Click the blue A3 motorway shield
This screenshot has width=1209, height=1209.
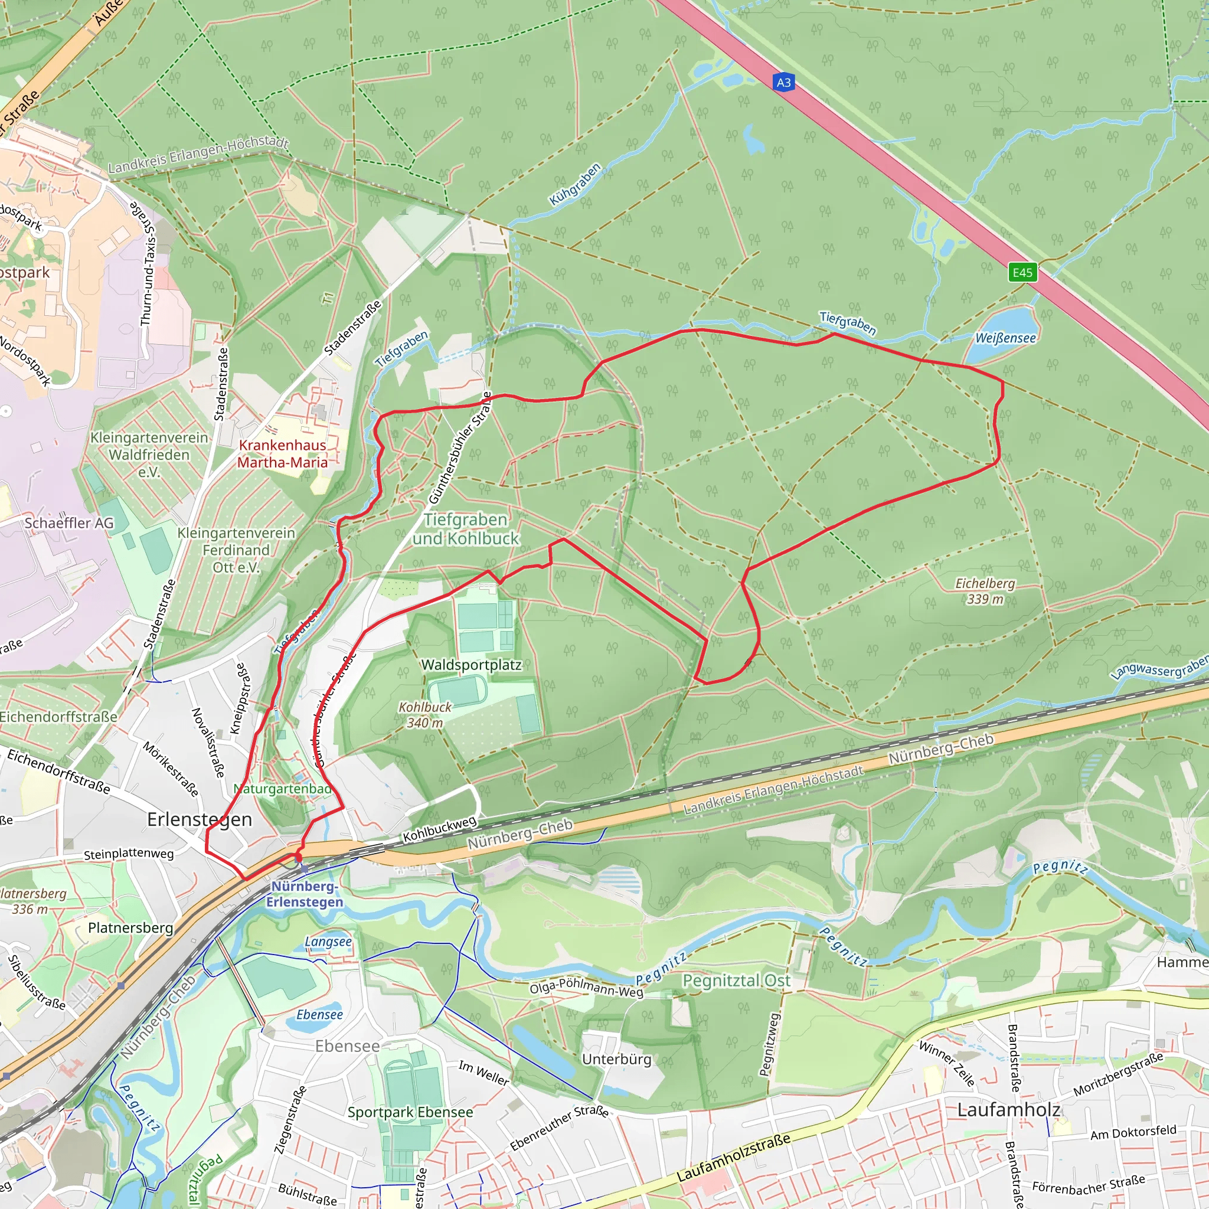(783, 82)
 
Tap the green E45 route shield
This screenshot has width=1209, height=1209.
(1022, 272)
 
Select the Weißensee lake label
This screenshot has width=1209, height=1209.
(1005, 338)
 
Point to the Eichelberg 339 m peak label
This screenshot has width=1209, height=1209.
(985, 591)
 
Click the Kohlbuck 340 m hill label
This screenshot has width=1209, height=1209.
(425, 715)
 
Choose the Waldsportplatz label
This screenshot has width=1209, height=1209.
(471, 665)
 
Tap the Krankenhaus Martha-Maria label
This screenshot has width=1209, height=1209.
(282, 454)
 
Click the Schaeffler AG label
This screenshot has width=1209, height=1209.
(69, 522)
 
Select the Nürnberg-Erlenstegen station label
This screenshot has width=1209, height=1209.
(305, 894)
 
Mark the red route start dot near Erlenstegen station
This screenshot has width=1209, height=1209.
(298, 857)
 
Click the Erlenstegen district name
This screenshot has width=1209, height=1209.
(199, 819)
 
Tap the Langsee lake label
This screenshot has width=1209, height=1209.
(328, 942)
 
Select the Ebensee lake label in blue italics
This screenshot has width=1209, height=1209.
(319, 1014)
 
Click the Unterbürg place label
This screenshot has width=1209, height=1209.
(616, 1059)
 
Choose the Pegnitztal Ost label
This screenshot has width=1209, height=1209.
(736, 981)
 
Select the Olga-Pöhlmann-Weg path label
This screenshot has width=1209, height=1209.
(586, 988)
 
